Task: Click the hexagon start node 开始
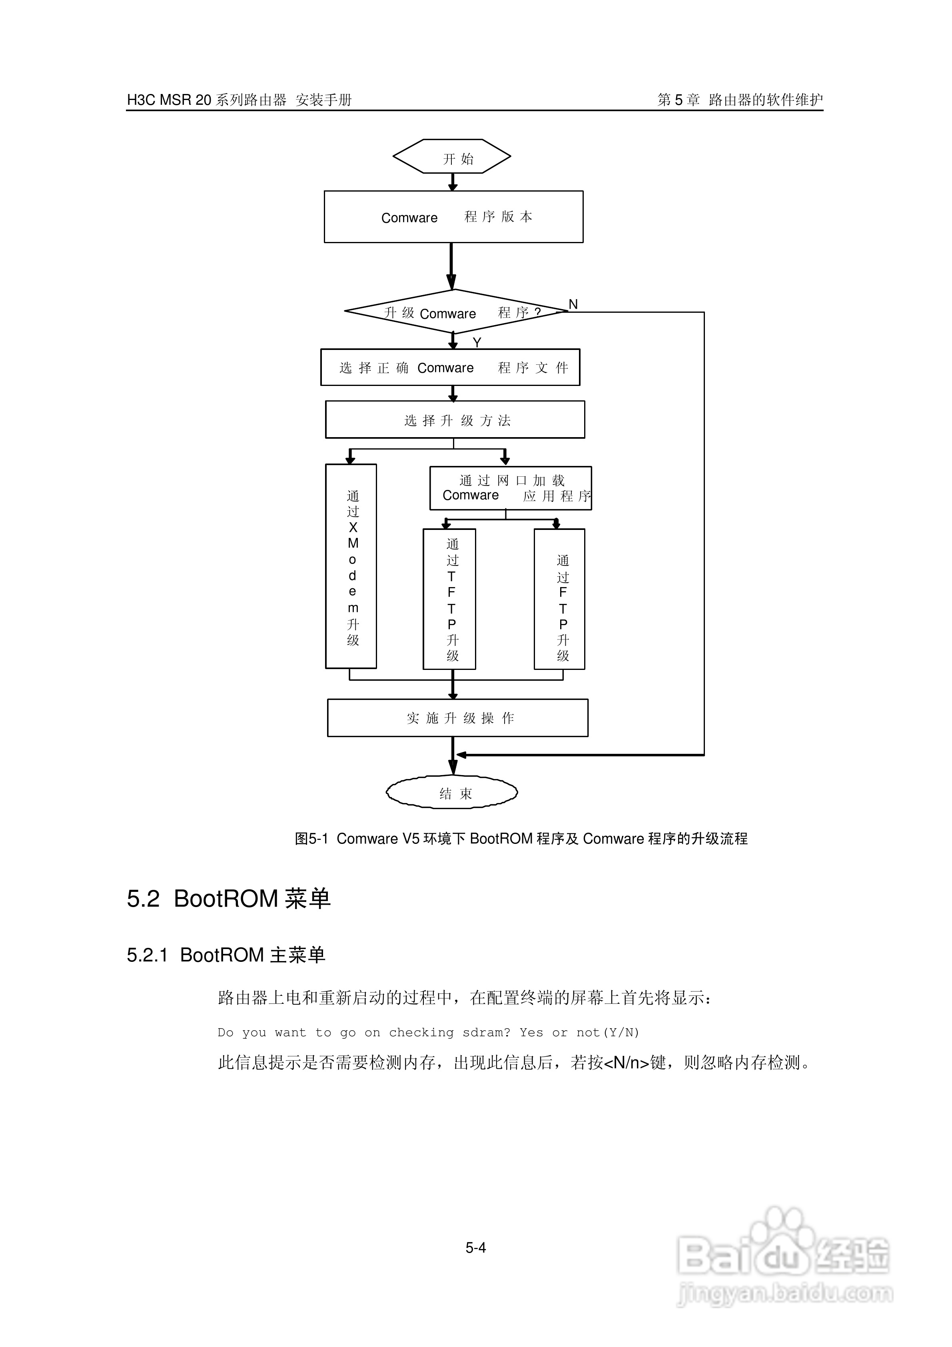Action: click(452, 157)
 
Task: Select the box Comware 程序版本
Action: click(453, 217)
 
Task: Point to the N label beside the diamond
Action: click(573, 304)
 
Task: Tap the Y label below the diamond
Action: click(477, 342)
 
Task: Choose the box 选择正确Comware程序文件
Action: click(451, 368)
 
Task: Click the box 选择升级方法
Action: click(455, 420)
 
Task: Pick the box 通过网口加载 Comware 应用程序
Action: click(510, 488)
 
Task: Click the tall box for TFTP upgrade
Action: click(450, 600)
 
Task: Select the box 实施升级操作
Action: click(457, 718)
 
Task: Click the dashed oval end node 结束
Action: click(452, 793)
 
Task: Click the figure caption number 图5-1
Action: click(311, 839)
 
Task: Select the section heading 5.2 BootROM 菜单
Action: click(229, 899)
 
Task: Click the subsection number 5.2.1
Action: click(147, 955)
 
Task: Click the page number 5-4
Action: click(476, 1248)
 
